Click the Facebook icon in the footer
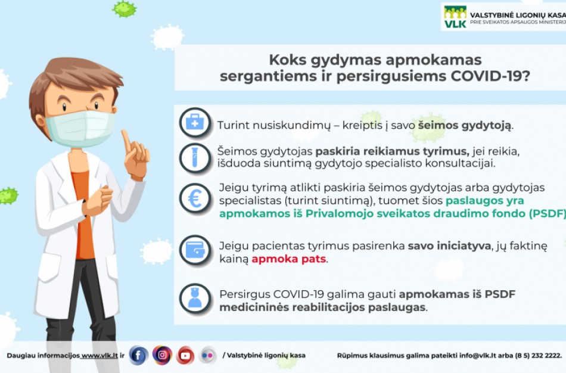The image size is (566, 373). [138, 356]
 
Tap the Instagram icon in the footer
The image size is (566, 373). [162, 356]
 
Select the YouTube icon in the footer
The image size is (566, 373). [185, 356]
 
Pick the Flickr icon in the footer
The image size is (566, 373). [208, 356]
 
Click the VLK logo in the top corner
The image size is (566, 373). [455, 16]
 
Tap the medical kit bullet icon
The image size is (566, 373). [194, 123]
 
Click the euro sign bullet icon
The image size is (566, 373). [194, 198]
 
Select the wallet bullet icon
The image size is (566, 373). [194, 250]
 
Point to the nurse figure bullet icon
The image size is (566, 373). [194, 299]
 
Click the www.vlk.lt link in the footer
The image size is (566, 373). [99, 356]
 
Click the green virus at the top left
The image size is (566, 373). [125, 8]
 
